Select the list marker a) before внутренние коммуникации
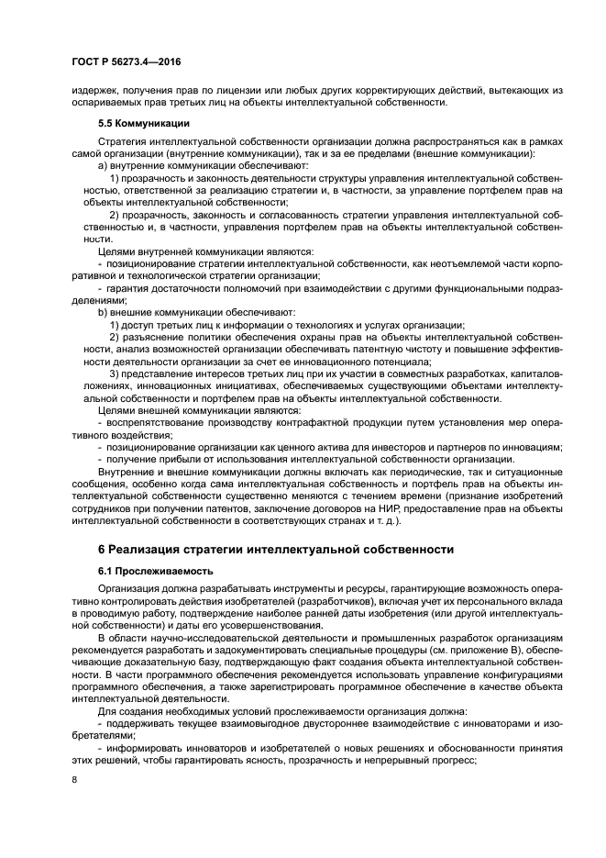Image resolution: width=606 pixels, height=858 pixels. [102, 165]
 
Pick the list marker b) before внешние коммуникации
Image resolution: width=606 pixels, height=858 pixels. [102, 312]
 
